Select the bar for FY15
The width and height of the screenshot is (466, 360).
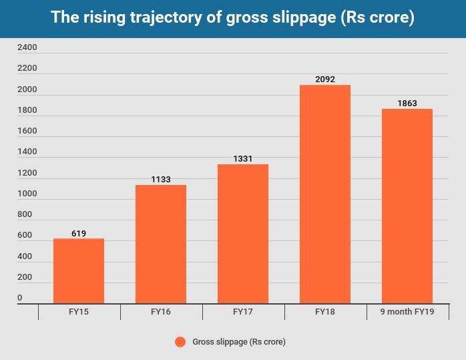(x=79, y=271)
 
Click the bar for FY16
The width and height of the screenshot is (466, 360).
(x=161, y=244)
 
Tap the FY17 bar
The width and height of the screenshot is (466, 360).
(x=243, y=234)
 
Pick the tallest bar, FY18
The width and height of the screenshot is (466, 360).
(x=325, y=194)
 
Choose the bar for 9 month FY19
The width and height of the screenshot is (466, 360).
(x=407, y=206)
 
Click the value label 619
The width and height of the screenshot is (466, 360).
(x=79, y=233)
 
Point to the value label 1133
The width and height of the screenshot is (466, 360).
(x=161, y=180)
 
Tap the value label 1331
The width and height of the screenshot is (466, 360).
(x=243, y=159)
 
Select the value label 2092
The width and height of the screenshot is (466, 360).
(x=325, y=79)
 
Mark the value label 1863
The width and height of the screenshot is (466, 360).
(x=407, y=104)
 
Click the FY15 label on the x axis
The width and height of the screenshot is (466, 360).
(x=79, y=312)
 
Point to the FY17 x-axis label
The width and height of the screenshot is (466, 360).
(x=243, y=312)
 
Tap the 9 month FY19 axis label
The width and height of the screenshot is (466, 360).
(x=407, y=312)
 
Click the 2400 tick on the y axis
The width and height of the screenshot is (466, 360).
(x=27, y=48)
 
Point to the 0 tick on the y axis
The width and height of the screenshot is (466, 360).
(x=20, y=298)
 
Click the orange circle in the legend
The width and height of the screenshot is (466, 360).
(x=180, y=342)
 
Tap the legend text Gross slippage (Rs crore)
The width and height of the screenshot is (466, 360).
(x=238, y=342)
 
